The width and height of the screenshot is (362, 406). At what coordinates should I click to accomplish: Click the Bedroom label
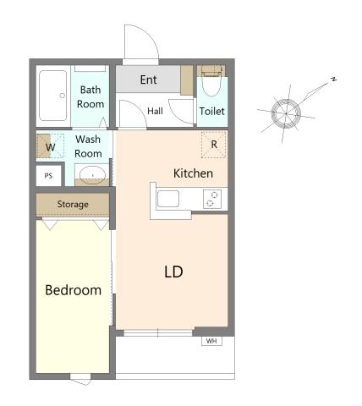(x=73, y=290)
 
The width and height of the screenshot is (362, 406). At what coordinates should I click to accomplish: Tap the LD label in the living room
(x=173, y=272)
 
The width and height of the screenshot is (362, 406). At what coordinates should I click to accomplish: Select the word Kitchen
(x=193, y=173)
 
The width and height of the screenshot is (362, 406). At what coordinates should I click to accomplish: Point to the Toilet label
(x=212, y=111)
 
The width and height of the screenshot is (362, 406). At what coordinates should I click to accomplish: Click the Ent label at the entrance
(x=149, y=80)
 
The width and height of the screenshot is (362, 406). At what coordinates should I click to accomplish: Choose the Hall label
(x=155, y=111)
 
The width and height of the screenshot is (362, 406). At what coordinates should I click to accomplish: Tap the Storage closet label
(x=73, y=204)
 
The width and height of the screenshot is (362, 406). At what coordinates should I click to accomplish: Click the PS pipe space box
(x=49, y=176)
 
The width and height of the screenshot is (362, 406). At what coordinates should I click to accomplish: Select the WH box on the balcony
(x=211, y=341)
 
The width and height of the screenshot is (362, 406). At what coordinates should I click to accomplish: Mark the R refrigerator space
(x=214, y=145)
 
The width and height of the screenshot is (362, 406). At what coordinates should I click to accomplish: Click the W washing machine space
(x=51, y=145)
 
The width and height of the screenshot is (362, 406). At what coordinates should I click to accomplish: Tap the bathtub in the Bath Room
(x=53, y=96)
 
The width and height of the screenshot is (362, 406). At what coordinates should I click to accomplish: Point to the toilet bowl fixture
(x=211, y=83)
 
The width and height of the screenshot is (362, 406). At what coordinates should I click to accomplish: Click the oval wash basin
(x=92, y=175)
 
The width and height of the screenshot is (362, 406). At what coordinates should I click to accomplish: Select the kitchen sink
(x=168, y=199)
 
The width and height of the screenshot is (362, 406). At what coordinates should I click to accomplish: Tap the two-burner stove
(x=212, y=199)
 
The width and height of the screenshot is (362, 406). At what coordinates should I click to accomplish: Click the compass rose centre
(x=286, y=113)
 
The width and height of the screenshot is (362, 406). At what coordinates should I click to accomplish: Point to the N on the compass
(x=334, y=80)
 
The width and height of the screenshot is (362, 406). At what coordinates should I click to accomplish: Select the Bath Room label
(x=90, y=97)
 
